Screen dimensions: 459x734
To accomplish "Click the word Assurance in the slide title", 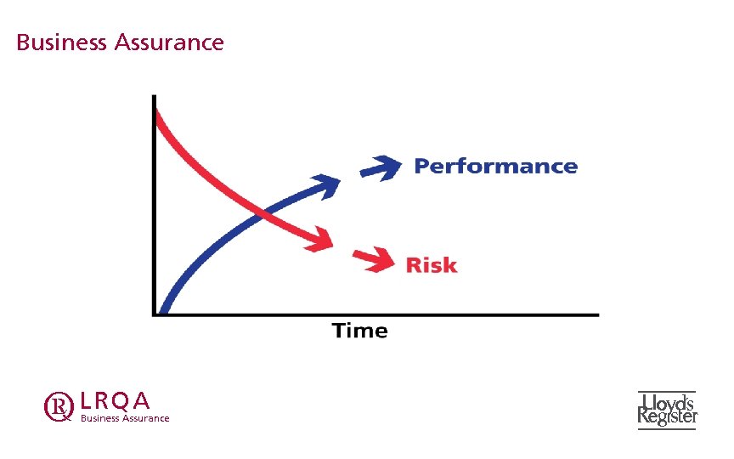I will [x=167, y=42].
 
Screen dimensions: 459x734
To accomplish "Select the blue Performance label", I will [x=495, y=166].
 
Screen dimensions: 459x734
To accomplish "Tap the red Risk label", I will [x=431, y=265].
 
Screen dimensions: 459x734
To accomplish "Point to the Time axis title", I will [x=359, y=331].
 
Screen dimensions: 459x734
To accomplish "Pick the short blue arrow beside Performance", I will [x=380, y=167].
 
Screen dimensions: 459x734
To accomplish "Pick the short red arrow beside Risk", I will [x=374, y=258].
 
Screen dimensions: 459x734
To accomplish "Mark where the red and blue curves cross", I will [x=263, y=214].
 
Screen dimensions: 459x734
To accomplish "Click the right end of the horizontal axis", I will [x=596, y=314].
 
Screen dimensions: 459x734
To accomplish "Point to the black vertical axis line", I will [x=154, y=212].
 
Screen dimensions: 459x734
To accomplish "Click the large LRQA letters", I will [x=115, y=399].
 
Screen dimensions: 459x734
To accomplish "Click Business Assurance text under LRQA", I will [x=124, y=418].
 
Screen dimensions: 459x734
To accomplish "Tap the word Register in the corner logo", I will [x=668, y=416].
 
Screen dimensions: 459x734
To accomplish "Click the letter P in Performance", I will [x=421, y=166].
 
